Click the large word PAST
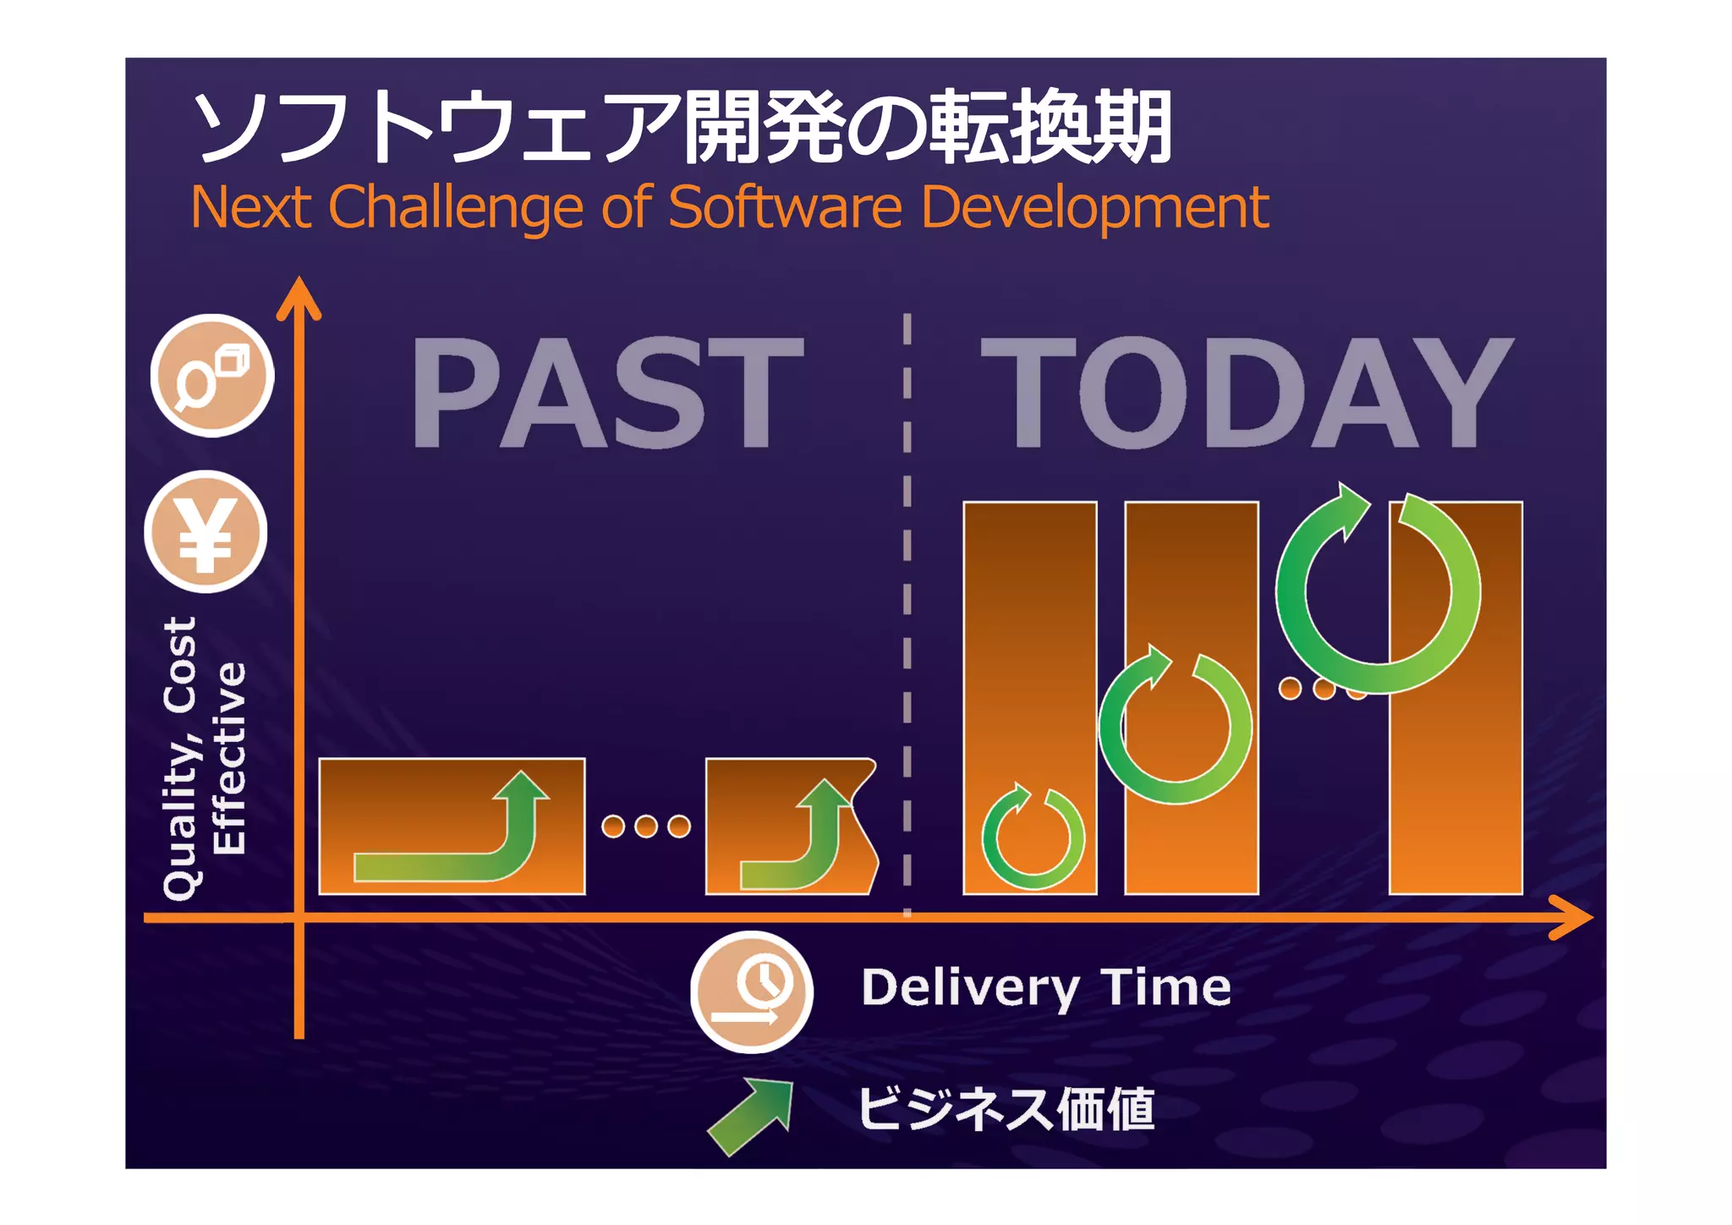(x=606, y=393)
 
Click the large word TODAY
(x=1246, y=393)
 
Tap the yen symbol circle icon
(x=206, y=532)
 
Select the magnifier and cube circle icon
(x=212, y=376)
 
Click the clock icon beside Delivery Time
(x=752, y=992)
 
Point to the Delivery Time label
(x=1045, y=987)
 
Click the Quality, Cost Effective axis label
(x=203, y=757)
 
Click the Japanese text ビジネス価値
(x=1006, y=1108)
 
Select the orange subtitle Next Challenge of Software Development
(x=729, y=207)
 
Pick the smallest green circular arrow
(x=1033, y=838)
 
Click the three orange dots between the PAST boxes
(x=645, y=827)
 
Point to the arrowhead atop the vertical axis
(x=299, y=298)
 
